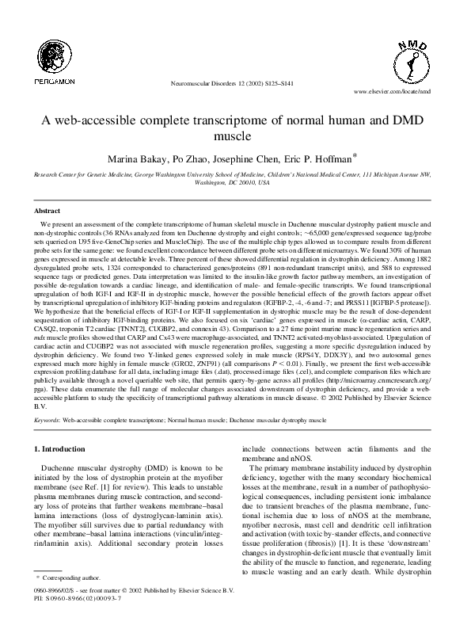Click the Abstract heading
tap(46, 211)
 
